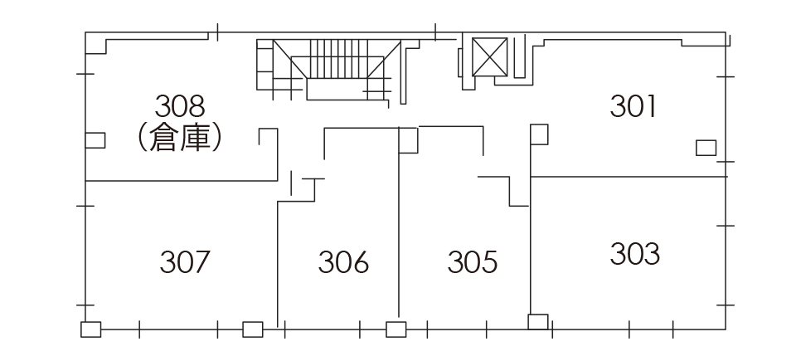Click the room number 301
(633, 106)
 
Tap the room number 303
(634, 254)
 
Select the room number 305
(472, 262)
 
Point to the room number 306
(343, 262)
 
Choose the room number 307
(184, 262)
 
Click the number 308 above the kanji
(180, 106)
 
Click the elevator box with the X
(489, 56)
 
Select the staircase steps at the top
(337, 59)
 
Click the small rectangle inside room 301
(706, 148)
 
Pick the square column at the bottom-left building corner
(91, 329)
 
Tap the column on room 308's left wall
(95, 140)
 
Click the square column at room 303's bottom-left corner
(538, 322)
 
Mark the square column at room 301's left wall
(539, 134)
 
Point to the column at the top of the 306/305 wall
(408, 140)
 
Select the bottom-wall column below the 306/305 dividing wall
(396, 329)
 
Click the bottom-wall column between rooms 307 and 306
(253, 329)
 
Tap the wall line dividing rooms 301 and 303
(629, 177)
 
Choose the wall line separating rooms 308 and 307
(182, 181)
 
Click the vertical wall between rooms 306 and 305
(399, 222)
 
